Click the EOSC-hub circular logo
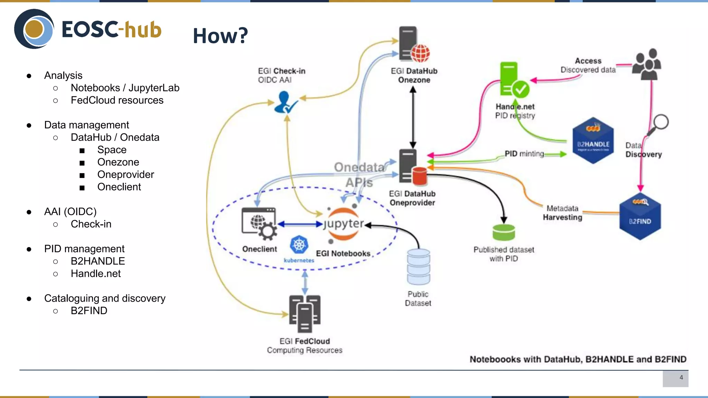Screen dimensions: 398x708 pyautogui.click(x=34, y=29)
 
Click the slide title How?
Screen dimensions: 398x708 pyautogui.click(x=220, y=36)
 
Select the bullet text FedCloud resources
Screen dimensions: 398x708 pyautogui.click(x=117, y=100)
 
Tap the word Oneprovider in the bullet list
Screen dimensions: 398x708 pyautogui.click(x=125, y=174)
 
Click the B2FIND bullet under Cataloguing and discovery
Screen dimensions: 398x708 pyautogui.click(x=89, y=311)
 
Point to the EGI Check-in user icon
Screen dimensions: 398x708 pyautogui.click(x=285, y=102)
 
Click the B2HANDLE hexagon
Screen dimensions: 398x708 pyautogui.click(x=593, y=141)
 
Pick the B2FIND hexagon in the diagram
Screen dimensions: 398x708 pyautogui.click(x=640, y=218)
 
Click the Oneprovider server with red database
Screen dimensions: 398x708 pyautogui.click(x=412, y=167)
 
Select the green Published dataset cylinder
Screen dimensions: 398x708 pyautogui.click(x=503, y=232)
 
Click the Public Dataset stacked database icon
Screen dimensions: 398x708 pyautogui.click(x=418, y=266)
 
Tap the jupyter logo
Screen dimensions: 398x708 pyautogui.click(x=343, y=224)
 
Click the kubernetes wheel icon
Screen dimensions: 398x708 pyautogui.click(x=299, y=245)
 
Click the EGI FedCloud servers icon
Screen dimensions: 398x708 pyautogui.click(x=305, y=314)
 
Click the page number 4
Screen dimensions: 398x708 pyautogui.click(x=681, y=378)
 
